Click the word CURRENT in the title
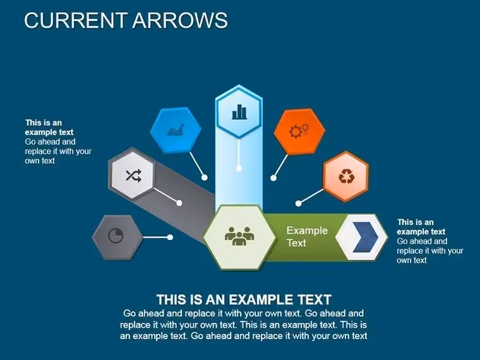coord(76,20)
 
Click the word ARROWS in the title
coord(180,20)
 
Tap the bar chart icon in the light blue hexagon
coord(239,112)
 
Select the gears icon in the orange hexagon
coord(299,131)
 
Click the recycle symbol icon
coord(347,176)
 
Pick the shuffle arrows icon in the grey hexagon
coord(134,176)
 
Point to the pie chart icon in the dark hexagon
coord(116,236)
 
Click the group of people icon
coord(239,236)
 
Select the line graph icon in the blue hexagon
coord(176,130)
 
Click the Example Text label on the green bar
coord(307,237)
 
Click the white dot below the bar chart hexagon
coord(239,169)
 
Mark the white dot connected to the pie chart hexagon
coord(170,237)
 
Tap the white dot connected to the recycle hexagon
coord(299,203)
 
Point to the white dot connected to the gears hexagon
coord(273,178)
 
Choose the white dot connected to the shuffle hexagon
coord(179,203)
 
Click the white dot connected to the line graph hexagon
coord(205,177)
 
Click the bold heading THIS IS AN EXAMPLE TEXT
coord(244,300)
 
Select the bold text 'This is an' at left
coord(44,123)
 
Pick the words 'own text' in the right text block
coord(412,260)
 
